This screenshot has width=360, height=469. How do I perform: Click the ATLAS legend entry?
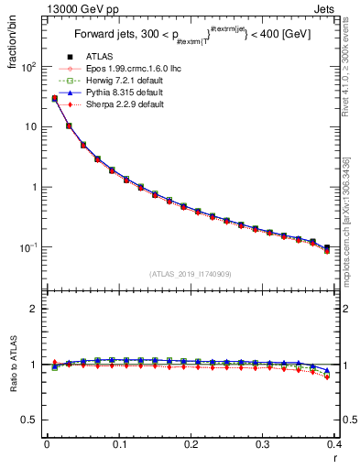[98, 57]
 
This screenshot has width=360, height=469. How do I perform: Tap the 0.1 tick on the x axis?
[118, 444]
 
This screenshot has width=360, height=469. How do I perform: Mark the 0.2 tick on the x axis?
[191, 444]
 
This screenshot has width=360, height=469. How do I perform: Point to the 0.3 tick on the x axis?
[263, 444]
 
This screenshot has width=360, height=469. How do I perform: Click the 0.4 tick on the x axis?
[334, 444]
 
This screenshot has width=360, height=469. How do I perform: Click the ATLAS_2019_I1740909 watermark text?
[190, 274]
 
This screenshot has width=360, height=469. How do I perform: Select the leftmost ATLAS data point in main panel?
[55, 99]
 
